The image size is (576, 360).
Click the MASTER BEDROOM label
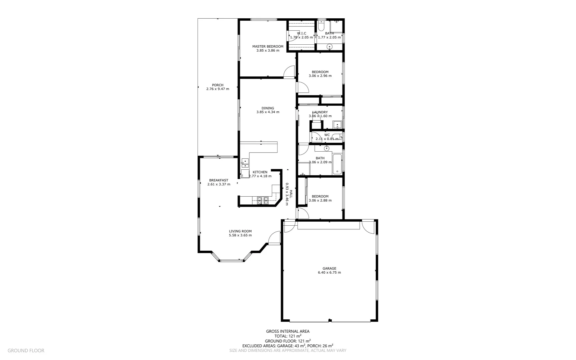268,47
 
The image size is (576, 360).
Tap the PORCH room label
218,85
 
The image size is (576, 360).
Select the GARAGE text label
329,268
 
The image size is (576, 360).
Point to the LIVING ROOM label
240,231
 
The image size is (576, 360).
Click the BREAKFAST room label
219,180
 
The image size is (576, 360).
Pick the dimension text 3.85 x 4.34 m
268,112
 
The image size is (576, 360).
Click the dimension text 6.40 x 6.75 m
329,273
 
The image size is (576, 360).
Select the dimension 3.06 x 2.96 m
320,76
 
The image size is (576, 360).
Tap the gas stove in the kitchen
263,200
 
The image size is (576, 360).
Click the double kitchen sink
245,163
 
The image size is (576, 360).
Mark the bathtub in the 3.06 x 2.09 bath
337,164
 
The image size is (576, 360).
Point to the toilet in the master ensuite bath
321,26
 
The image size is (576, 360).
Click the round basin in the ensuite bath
330,47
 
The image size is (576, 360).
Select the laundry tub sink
337,125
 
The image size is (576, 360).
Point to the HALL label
291,194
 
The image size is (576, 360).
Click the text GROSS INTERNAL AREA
288,331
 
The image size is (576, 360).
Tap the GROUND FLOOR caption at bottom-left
26,351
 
